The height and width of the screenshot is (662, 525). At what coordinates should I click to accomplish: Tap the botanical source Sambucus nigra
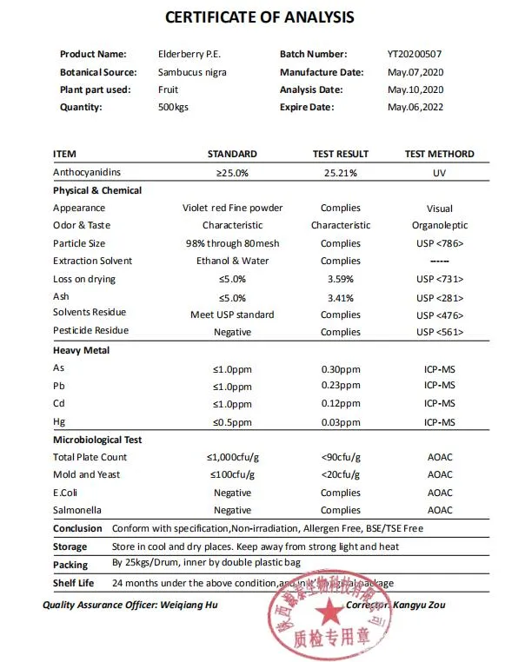(192, 72)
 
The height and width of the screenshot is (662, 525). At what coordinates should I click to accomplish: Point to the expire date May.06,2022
(415, 107)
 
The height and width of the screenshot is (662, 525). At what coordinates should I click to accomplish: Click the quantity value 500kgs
(173, 107)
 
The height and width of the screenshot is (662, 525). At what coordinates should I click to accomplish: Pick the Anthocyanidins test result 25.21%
(341, 173)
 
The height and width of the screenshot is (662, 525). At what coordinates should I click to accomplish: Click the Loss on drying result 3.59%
(341, 279)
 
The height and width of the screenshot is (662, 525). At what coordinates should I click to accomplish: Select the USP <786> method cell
(439, 243)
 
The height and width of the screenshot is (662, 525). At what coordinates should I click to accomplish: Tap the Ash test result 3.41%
(341, 297)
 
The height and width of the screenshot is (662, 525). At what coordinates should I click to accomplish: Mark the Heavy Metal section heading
(81, 350)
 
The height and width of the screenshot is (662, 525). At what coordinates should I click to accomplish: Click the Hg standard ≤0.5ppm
(232, 421)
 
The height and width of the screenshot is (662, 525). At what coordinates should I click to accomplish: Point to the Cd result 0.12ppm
(341, 403)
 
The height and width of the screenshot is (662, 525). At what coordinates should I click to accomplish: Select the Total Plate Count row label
(90, 457)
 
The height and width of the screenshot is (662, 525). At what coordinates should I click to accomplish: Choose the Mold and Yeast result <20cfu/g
(341, 474)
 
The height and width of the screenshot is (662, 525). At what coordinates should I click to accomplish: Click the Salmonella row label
(78, 510)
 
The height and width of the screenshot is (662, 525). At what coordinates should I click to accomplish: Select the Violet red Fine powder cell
(232, 208)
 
